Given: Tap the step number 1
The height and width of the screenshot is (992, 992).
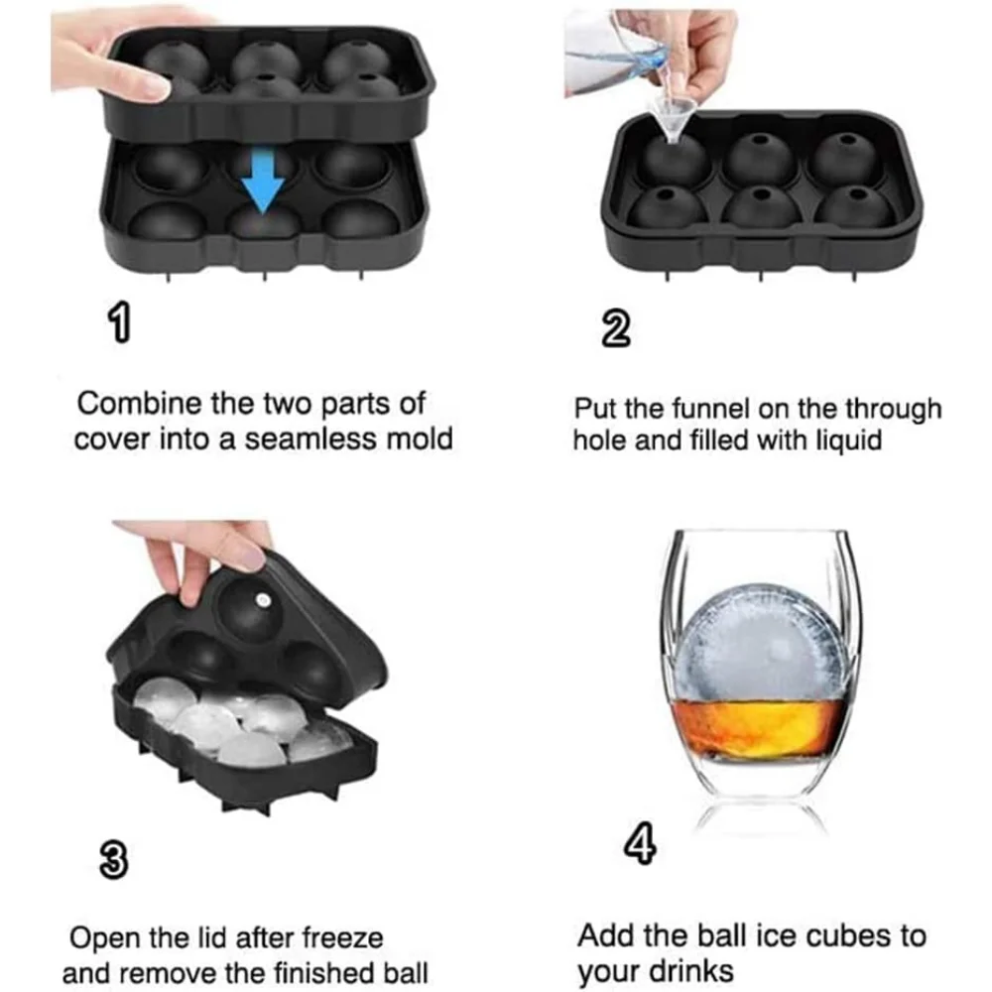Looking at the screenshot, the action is click(x=120, y=322).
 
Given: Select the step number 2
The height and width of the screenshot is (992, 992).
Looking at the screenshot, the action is click(x=616, y=329).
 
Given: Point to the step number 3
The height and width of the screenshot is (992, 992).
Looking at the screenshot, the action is click(x=114, y=860).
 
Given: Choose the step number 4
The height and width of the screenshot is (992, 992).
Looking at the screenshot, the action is click(x=640, y=845).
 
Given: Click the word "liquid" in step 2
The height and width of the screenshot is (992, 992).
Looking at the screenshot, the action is click(x=848, y=439).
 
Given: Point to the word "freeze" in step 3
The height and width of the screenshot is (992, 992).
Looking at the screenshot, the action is click(x=342, y=937).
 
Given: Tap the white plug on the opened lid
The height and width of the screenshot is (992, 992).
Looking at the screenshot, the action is click(x=262, y=599).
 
